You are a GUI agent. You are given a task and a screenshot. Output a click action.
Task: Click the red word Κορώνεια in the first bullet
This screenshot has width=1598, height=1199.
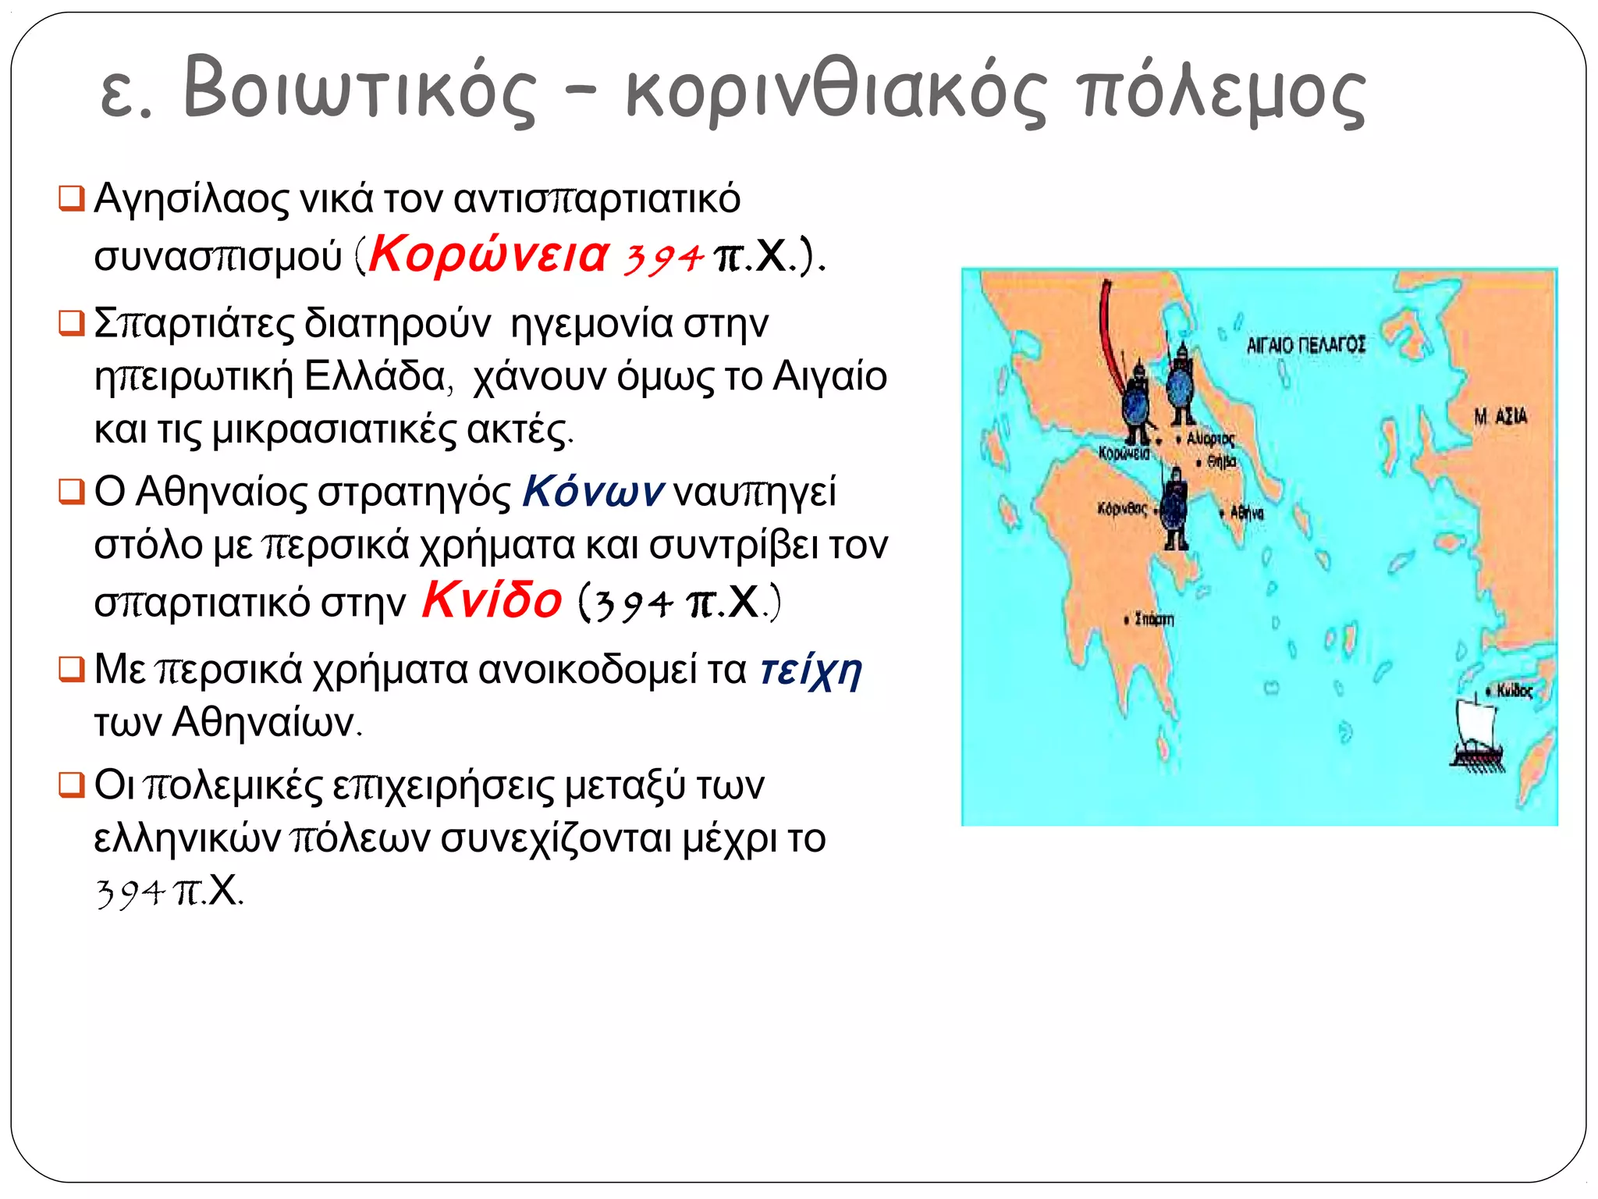coord(488,255)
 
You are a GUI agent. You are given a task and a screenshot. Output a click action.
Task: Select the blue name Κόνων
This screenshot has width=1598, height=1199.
coord(593,493)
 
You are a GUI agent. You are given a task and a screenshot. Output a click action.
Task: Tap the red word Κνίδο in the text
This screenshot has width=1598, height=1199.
coord(492,600)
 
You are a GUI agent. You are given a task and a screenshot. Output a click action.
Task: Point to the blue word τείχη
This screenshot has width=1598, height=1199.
coord(811,671)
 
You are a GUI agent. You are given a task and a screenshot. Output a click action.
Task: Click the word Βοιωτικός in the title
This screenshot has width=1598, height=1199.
coord(360,90)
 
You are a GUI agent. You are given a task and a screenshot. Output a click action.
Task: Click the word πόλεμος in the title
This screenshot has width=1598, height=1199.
coord(1220,91)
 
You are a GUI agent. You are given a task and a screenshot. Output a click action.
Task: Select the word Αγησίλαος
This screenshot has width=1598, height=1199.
coord(191,199)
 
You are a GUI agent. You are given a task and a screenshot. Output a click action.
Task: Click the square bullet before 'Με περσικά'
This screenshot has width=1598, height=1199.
coord(71,669)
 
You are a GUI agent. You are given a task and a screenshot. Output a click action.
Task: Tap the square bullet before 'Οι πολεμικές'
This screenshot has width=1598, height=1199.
coord(71,785)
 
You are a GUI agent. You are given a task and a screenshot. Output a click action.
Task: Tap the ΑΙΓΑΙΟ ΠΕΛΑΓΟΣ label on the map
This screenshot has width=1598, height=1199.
coord(1305,345)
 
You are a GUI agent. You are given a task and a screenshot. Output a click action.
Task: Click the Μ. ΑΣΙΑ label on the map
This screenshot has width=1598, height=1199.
coord(1500,417)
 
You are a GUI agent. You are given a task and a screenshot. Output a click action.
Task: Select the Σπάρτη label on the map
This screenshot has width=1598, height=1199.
coord(1153,620)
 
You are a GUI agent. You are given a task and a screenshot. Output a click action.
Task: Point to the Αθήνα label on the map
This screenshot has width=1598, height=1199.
coord(1246,513)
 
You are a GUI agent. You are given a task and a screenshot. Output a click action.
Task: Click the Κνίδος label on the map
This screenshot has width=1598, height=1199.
coord(1514,691)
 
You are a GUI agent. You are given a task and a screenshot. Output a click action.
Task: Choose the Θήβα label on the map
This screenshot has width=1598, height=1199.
coord(1221,462)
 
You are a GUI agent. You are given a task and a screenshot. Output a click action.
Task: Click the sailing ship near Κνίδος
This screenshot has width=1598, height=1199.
coord(1476,734)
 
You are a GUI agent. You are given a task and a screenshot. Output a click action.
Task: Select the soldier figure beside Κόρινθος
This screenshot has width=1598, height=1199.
coord(1174,511)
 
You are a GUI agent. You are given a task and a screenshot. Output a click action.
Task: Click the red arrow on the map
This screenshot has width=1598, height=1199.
coord(1109,336)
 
